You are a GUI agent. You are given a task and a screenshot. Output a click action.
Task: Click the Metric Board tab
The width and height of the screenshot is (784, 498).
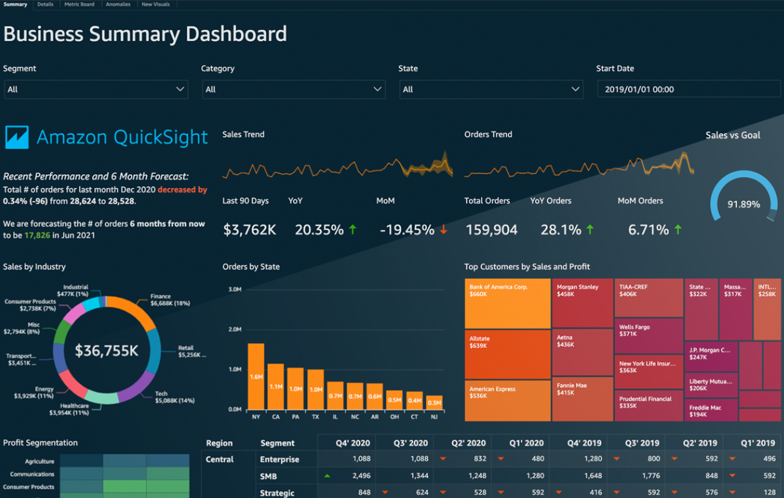(x=79, y=4)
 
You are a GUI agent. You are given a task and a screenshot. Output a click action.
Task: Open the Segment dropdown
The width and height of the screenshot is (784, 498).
(x=96, y=90)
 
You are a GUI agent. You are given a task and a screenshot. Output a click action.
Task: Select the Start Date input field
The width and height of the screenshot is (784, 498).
(x=689, y=90)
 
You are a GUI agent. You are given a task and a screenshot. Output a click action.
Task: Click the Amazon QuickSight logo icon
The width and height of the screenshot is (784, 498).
(x=17, y=137)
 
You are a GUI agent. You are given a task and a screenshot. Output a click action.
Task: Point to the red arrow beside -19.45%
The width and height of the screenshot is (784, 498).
(x=444, y=230)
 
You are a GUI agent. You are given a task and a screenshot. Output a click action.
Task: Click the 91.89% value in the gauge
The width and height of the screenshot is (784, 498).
(x=743, y=204)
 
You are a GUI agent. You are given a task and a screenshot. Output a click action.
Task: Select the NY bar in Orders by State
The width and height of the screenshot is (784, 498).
(x=256, y=376)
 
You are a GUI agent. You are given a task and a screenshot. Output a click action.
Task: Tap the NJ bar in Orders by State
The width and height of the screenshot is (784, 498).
(x=434, y=402)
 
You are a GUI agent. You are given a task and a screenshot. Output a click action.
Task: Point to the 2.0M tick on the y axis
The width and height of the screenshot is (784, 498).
(x=234, y=329)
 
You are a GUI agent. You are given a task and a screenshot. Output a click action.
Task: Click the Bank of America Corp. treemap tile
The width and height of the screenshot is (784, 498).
(x=507, y=303)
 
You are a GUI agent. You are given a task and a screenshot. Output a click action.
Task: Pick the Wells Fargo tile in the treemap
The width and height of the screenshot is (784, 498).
(x=648, y=336)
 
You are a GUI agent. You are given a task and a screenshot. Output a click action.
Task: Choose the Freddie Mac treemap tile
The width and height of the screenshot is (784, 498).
(x=711, y=410)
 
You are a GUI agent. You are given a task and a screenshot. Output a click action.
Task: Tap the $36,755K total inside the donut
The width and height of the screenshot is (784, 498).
(x=106, y=351)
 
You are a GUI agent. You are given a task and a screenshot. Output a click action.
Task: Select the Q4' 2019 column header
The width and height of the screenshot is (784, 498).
(x=585, y=443)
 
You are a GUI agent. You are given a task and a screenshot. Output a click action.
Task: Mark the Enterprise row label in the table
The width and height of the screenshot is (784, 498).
(x=279, y=459)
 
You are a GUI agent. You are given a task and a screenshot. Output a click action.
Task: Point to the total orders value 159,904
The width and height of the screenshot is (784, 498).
(x=491, y=230)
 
